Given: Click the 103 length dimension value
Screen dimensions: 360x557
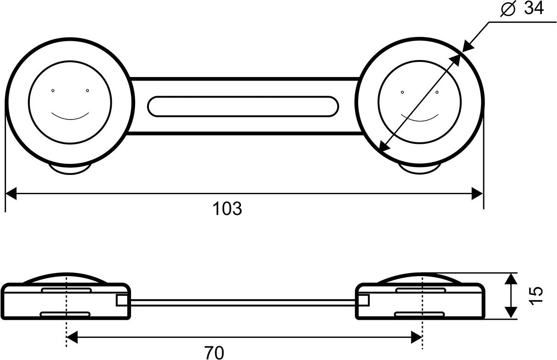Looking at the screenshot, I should (227, 209).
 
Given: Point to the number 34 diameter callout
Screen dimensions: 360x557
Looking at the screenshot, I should (534, 8).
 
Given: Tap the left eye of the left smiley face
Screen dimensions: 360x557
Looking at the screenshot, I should (53, 90).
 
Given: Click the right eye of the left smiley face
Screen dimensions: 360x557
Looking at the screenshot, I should (87, 90).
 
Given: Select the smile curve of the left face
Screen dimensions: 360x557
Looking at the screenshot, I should (70, 117).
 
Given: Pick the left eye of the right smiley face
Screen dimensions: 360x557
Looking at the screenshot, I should (402, 92).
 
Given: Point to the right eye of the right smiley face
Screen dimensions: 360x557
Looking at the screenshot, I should (437, 92).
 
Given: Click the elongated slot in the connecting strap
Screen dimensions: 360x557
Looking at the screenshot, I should (243, 106).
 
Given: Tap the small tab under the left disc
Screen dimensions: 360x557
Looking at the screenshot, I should (70, 169).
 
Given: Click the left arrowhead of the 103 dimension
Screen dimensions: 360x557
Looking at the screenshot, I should (11, 194).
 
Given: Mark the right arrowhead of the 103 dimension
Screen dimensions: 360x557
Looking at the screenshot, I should (477, 194).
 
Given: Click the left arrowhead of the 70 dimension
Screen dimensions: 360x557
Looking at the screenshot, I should (72, 338).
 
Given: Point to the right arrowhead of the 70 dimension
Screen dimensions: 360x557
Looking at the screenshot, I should (416, 338).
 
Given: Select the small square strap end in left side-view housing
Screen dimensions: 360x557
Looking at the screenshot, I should (121, 300).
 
